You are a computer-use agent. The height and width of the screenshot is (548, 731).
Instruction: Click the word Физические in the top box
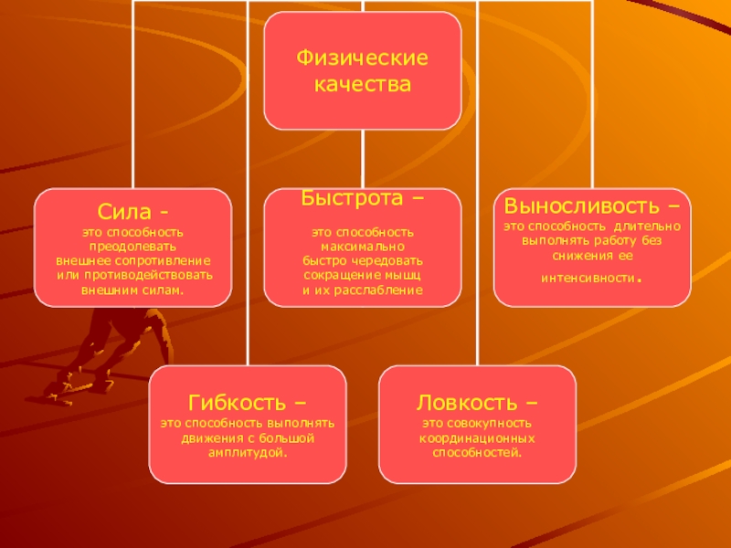click(363, 58)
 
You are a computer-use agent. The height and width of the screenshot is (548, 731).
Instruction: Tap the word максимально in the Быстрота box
click(363, 247)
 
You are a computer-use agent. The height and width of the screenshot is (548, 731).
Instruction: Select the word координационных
click(477, 438)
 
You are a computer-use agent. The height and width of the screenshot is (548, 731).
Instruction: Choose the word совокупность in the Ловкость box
click(493, 424)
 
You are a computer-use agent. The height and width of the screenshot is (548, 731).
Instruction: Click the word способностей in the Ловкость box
click(477, 452)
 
